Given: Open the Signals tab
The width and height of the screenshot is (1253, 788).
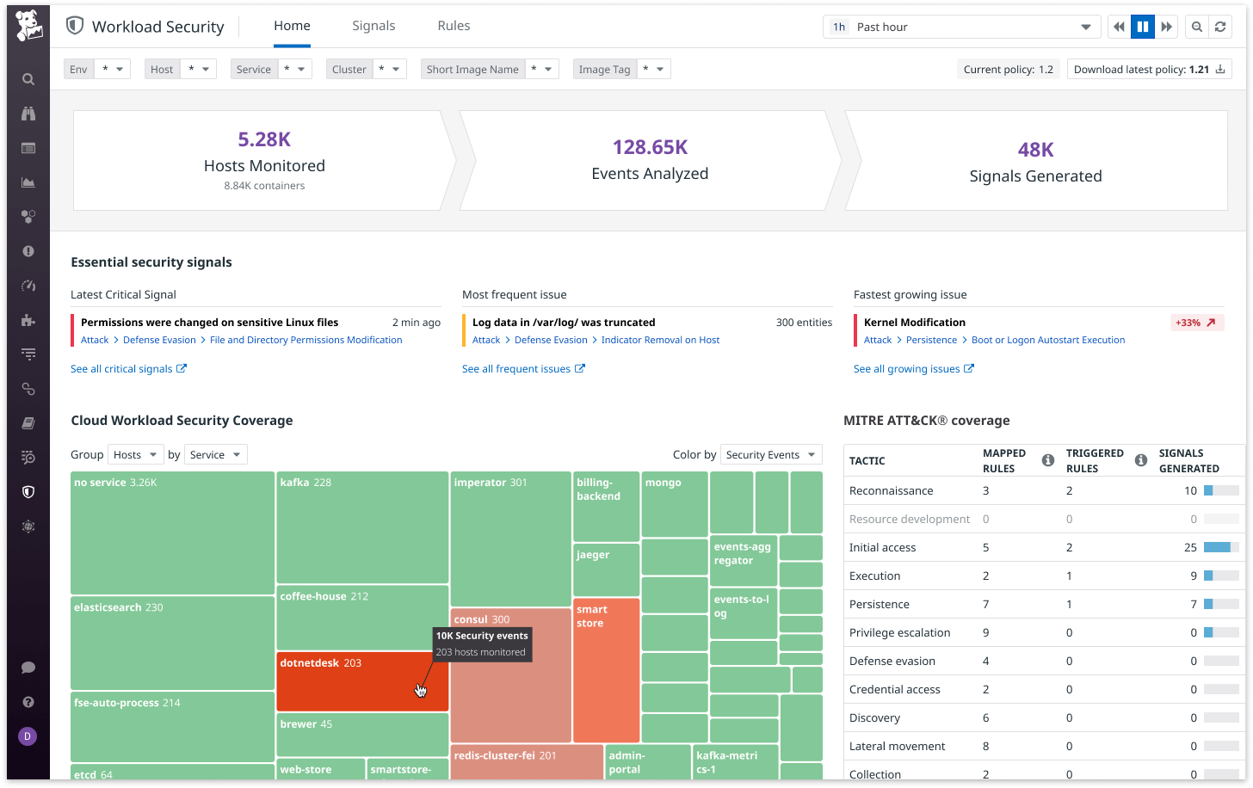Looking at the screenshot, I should tap(373, 26).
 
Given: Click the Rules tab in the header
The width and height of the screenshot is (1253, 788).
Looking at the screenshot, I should tap(454, 26).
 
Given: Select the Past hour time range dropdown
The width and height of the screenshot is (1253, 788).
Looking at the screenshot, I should tap(961, 27).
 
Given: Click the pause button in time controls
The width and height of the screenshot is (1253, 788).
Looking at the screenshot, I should tap(1142, 27).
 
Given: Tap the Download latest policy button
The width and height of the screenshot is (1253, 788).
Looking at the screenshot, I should tap(1149, 70).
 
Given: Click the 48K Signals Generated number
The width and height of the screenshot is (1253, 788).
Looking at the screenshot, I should tap(1035, 150).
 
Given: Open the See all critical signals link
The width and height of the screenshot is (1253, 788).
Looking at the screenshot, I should tap(128, 369).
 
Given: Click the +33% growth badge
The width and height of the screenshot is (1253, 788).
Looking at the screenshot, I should tap(1197, 323).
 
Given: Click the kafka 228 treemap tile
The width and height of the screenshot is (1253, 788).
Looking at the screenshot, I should tap(361, 529).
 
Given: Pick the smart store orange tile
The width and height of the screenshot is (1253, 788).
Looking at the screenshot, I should tap(606, 671).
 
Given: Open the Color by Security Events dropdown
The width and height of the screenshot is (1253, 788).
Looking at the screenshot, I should tap(770, 455).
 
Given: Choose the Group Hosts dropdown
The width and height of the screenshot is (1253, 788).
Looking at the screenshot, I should tap(134, 455).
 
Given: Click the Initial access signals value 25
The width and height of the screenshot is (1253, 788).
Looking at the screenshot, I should tap(1190, 547).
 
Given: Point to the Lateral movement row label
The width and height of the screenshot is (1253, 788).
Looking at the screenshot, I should tap(897, 746).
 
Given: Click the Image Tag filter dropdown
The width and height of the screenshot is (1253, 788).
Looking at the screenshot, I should tap(621, 70).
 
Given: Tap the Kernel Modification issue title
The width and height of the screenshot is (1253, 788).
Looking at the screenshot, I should tap(915, 323).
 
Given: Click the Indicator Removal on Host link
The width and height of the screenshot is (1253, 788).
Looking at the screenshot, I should tap(660, 340).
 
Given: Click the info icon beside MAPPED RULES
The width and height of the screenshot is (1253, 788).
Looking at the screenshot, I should tap(1047, 460).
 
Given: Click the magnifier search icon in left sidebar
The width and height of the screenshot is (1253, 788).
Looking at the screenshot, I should tap(28, 79).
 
